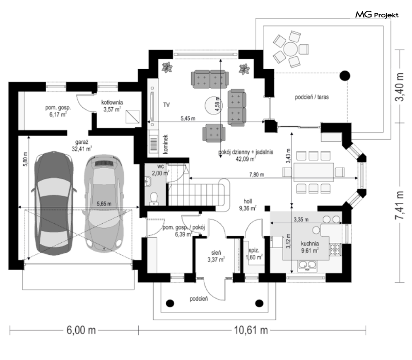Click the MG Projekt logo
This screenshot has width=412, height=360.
click(x=377, y=15)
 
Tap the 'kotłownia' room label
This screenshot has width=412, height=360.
click(x=112, y=102)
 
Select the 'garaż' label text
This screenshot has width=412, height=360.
click(x=82, y=142)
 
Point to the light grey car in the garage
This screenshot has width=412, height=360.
click(x=104, y=203)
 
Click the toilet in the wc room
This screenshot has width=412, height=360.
click(x=154, y=199)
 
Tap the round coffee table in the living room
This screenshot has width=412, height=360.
click(x=213, y=106)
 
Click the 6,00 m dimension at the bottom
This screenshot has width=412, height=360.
click(x=81, y=330)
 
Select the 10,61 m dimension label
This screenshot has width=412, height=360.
click(x=251, y=330)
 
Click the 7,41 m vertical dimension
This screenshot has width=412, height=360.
click(x=400, y=205)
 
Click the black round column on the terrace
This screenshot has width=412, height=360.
click(x=345, y=76)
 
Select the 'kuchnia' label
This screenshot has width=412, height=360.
click(x=310, y=244)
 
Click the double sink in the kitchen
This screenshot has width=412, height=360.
click(x=307, y=265)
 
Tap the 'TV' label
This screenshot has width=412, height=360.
click(x=166, y=105)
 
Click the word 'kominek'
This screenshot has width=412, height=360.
click(x=166, y=144)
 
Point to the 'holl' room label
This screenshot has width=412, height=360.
click(x=248, y=201)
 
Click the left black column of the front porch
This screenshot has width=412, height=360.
click(x=170, y=303)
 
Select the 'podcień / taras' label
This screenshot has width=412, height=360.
click(x=312, y=97)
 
